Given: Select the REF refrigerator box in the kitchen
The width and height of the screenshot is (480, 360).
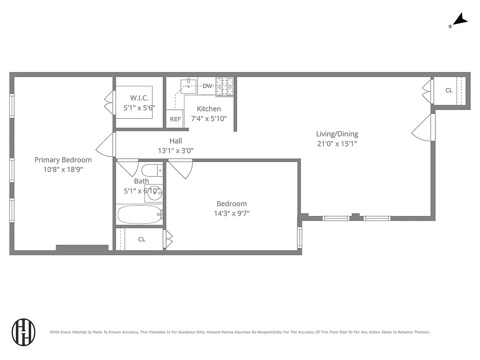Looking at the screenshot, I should [175, 119].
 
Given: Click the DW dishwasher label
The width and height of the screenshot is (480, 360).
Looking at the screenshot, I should [207, 86].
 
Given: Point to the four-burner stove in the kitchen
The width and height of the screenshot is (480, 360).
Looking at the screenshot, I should [225, 87].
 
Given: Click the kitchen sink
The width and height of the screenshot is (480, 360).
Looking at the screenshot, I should [188, 85].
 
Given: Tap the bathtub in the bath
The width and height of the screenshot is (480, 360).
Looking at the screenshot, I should [139, 215].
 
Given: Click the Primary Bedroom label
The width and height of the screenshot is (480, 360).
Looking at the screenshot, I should [63, 160].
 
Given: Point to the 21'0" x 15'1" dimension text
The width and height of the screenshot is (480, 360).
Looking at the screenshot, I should [337, 144].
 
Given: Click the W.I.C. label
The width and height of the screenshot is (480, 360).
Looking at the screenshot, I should [139, 98].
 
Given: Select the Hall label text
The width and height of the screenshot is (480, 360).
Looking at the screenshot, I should [176, 141].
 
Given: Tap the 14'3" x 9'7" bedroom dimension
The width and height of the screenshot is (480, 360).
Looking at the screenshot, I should [231, 213].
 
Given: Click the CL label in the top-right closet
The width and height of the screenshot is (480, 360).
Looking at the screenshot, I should [449, 90].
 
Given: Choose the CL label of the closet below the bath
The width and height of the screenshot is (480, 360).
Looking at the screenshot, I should [142, 239].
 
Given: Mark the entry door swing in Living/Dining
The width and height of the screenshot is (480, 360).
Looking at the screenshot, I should [423, 128].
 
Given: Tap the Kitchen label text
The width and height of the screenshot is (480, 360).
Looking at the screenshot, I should [209, 109].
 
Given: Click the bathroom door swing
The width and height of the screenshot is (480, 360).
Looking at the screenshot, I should [128, 167].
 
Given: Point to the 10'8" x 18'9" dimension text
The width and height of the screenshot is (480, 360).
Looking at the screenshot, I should [63, 170].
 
